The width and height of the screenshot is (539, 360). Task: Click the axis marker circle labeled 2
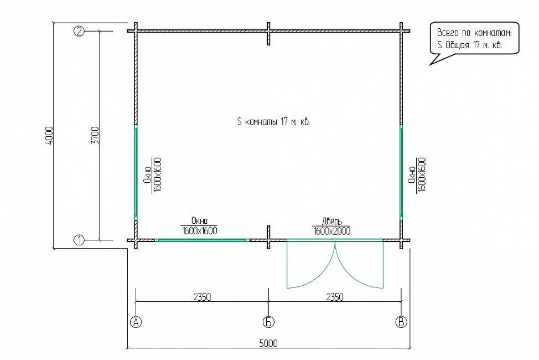click(x=79, y=32)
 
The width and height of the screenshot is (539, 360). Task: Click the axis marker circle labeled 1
click(x=79, y=240)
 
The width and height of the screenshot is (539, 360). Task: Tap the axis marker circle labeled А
click(x=136, y=322)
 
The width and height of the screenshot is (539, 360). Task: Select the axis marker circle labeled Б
click(x=268, y=322)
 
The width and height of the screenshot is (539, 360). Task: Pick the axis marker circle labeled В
click(x=401, y=322)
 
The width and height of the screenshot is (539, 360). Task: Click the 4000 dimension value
click(x=49, y=135)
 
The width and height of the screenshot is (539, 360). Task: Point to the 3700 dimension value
click(x=95, y=135)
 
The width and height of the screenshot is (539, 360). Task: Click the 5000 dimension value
click(x=268, y=343)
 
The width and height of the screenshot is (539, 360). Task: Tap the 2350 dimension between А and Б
click(x=202, y=297)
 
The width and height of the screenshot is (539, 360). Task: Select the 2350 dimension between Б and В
click(x=334, y=297)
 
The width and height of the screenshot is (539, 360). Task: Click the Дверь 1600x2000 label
click(x=331, y=226)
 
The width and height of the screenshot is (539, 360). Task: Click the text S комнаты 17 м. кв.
click(x=273, y=121)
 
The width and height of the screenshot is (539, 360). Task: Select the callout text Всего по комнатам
click(x=474, y=33)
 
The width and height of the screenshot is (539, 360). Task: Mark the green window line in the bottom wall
click(x=202, y=240)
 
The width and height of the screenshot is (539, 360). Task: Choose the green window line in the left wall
click(x=136, y=172)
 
